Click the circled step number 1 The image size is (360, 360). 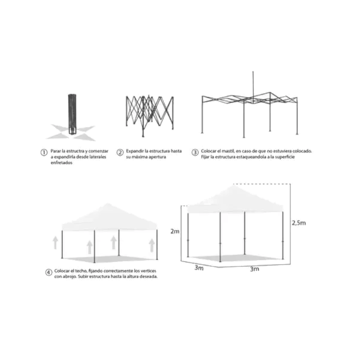tap(44, 153)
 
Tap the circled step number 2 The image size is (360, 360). tap(120, 153)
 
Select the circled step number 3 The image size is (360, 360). tap(195, 153)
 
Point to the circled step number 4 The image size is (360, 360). tap(49, 273)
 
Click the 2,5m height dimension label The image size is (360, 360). tap(299, 223)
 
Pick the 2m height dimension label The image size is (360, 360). tap(175, 231)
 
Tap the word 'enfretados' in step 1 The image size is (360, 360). tap(62, 162)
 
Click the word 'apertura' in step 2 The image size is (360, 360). tap(157, 157)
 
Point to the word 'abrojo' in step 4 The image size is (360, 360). tap(69, 277)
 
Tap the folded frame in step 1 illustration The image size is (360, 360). tap(72, 114)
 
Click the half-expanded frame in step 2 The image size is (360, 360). tap(149, 116)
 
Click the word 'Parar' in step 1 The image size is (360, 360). tap(56, 151)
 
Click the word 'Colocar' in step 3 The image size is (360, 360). tap(208, 151)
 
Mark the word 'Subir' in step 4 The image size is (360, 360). tap(83, 276)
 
